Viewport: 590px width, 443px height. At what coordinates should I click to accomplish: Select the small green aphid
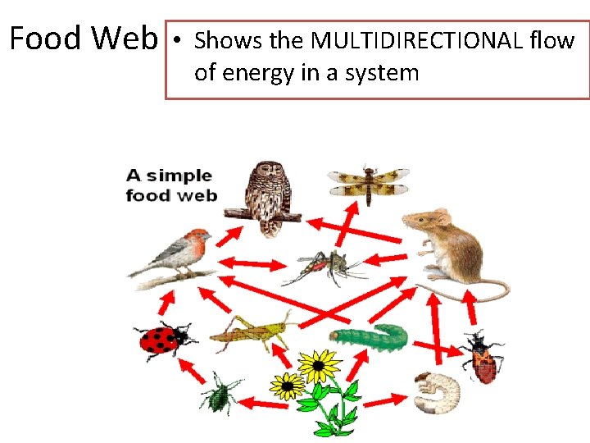coord(220,391)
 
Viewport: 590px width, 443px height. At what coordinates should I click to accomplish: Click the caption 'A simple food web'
coord(170,185)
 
